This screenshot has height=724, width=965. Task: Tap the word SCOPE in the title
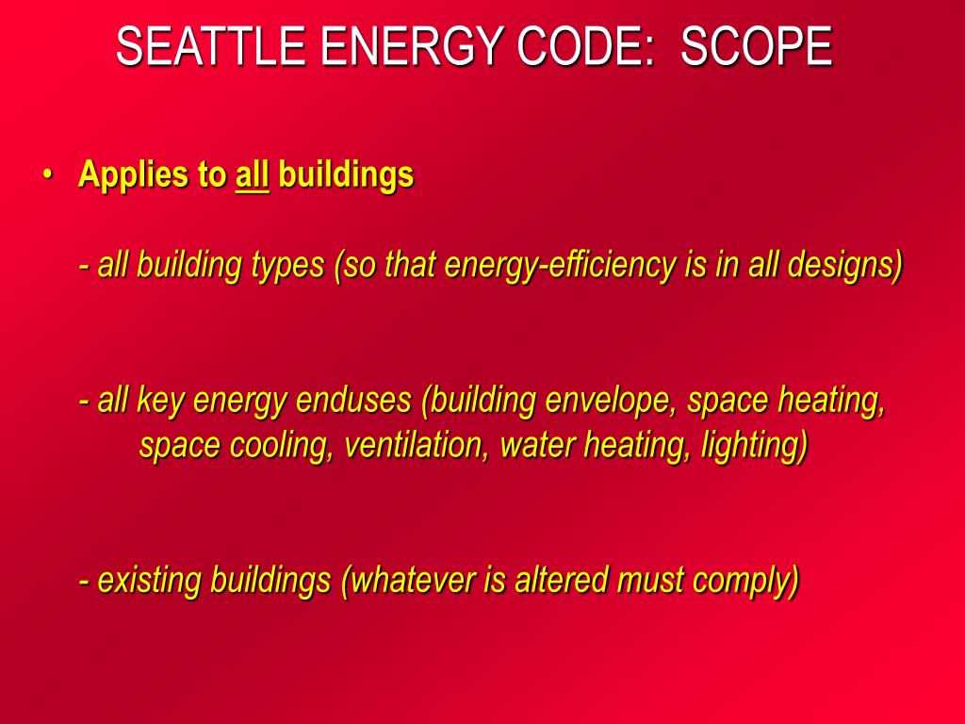coord(757,47)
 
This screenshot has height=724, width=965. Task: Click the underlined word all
coord(252,175)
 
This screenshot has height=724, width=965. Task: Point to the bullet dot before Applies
coord(46,175)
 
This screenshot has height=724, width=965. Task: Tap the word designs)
coord(849,266)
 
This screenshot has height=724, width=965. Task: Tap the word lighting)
coord(754,445)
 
